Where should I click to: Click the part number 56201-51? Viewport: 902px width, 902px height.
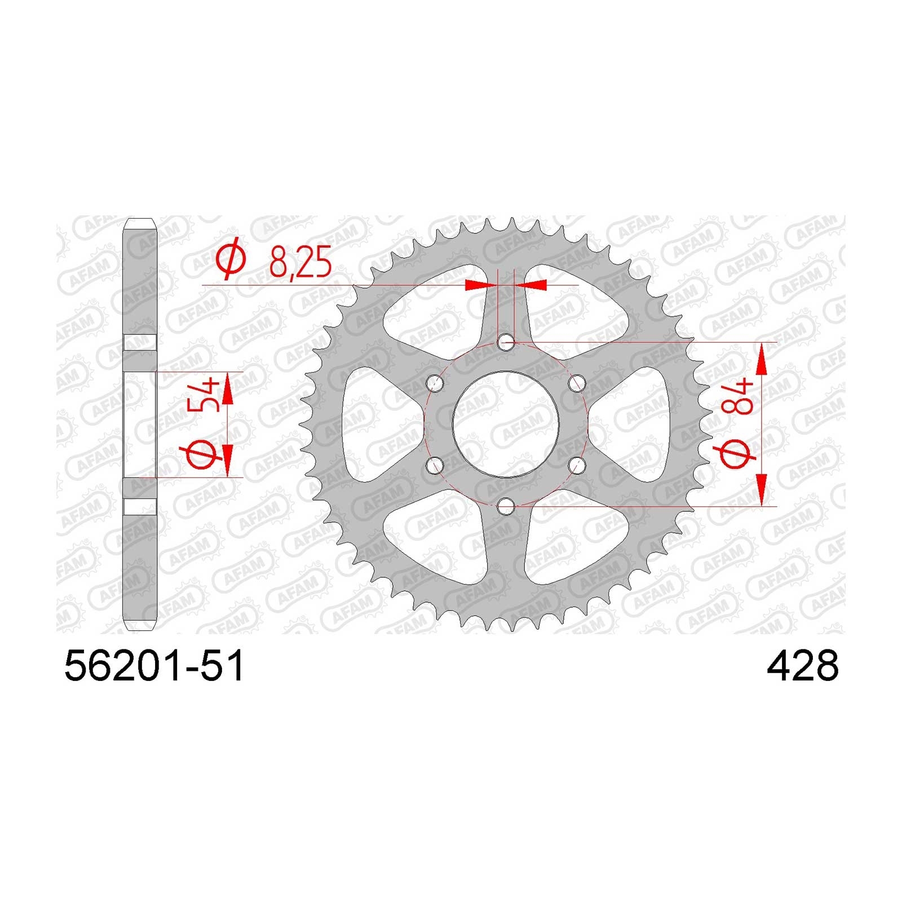point(154,666)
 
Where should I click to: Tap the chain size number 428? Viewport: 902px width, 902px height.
point(802,666)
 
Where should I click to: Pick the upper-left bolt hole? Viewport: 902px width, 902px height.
point(434,383)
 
